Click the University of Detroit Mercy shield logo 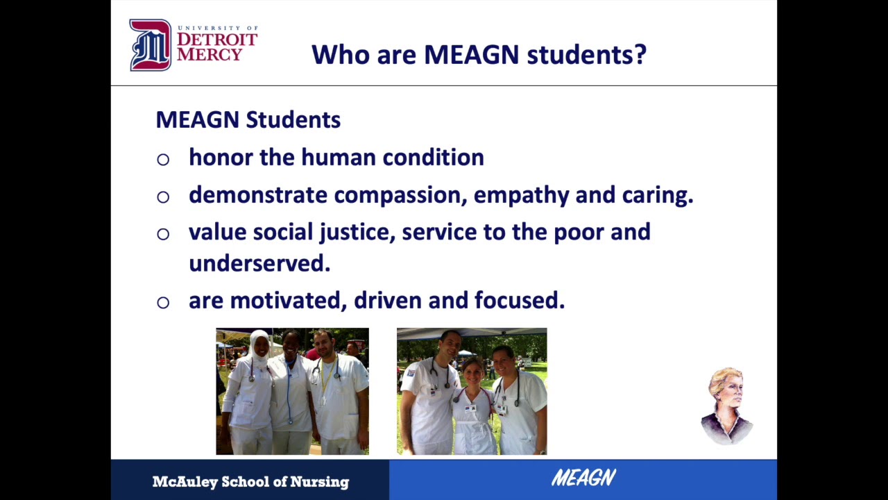click(x=150, y=45)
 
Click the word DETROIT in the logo click(x=216, y=40)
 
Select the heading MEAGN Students click(x=248, y=119)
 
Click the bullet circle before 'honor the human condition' click(x=163, y=160)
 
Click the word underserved click(x=259, y=263)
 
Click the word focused click(x=519, y=301)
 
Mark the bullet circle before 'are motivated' click(x=163, y=302)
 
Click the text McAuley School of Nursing click(x=250, y=481)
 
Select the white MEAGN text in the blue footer click(x=583, y=478)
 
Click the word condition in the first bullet click(x=433, y=158)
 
